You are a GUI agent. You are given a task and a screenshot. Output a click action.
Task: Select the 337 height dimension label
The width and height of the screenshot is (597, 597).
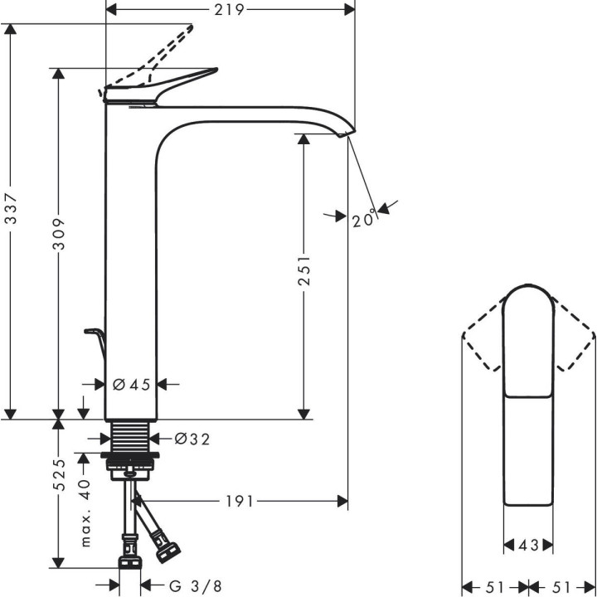point(11,219)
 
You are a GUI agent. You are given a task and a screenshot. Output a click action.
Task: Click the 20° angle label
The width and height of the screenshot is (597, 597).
point(363,219)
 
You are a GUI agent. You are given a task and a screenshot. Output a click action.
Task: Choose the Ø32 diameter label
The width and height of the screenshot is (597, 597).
point(192,439)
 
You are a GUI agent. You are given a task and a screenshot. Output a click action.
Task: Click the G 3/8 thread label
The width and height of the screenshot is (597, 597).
point(196,585)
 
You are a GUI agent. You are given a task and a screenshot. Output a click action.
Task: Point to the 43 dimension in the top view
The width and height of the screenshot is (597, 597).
point(528,545)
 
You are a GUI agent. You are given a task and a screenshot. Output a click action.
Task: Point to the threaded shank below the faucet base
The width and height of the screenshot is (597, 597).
point(129,435)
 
